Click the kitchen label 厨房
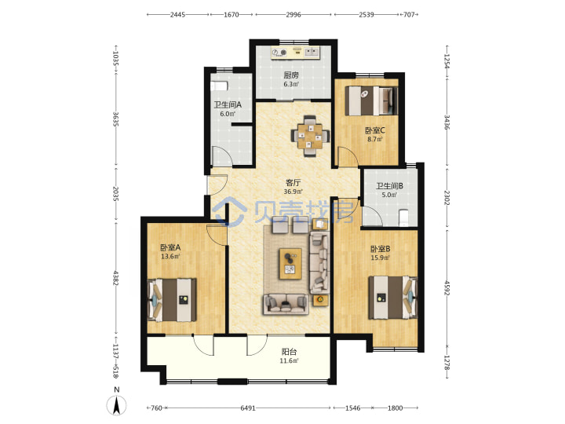click(x=291, y=75)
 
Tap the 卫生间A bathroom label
click(x=228, y=105)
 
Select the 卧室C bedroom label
click(x=375, y=130)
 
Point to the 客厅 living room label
click(x=293, y=183)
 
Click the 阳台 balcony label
click(x=290, y=352)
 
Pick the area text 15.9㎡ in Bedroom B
click(x=380, y=258)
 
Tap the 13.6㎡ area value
click(x=170, y=257)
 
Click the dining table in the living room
click(x=310, y=136)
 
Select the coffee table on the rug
click(x=291, y=264)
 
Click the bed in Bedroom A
click(x=172, y=300)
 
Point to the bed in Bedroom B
click(x=393, y=298)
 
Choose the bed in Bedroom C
click(x=371, y=101)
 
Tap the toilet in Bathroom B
click(x=403, y=218)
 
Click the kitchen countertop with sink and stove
click(x=296, y=53)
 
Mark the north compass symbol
click(x=117, y=405)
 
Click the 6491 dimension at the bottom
click(x=248, y=408)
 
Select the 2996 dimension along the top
click(x=293, y=15)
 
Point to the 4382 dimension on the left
click(x=115, y=278)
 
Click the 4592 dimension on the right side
click(x=447, y=288)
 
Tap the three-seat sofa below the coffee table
click(x=286, y=305)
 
